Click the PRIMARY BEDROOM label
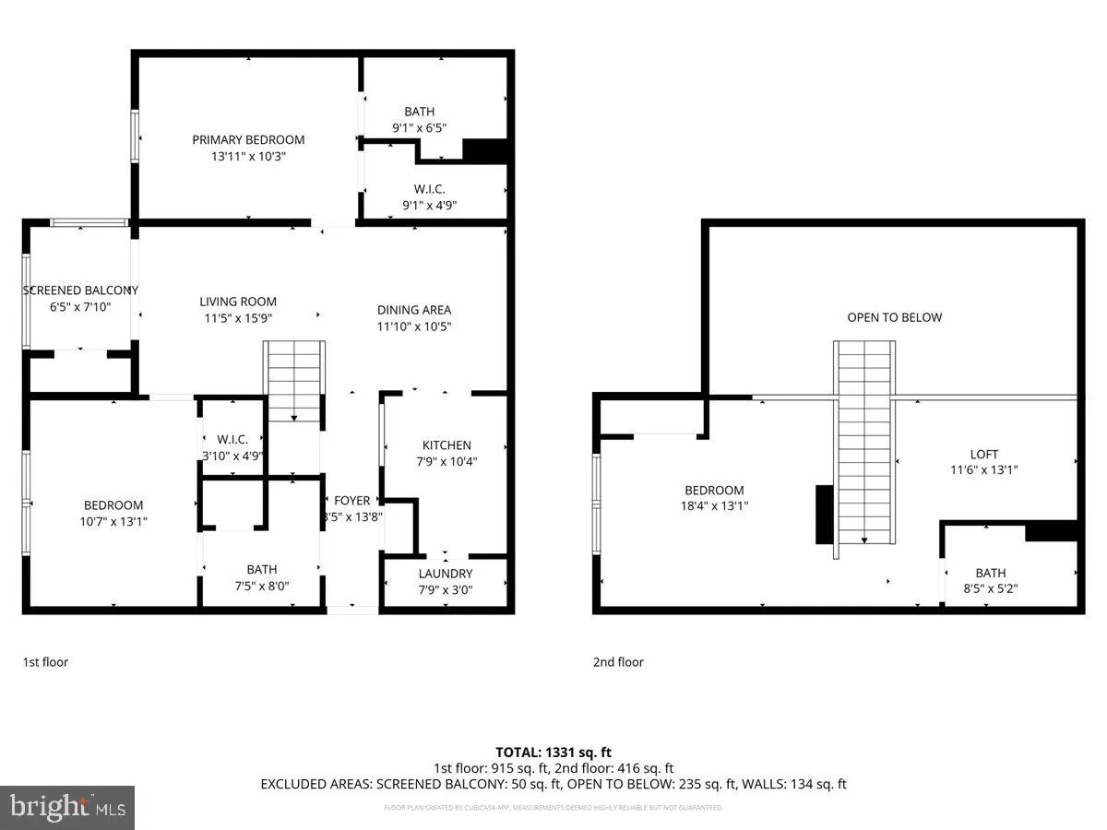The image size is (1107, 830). pyautogui.click(x=248, y=140)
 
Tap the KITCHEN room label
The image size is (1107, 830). pyautogui.click(x=446, y=445)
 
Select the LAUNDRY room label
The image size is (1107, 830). pyautogui.click(x=445, y=574)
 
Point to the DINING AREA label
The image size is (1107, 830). pyautogui.click(x=414, y=310)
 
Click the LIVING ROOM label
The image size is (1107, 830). pyautogui.click(x=238, y=302)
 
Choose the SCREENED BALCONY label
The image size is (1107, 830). pyautogui.click(x=80, y=290)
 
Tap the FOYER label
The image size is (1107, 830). pyautogui.click(x=351, y=501)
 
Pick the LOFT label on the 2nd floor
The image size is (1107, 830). pyautogui.click(x=983, y=454)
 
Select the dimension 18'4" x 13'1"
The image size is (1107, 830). pyautogui.click(x=714, y=505)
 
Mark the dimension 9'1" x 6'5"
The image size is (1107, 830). pyautogui.click(x=419, y=128)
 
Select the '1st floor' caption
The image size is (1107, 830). pyautogui.click(x=45, y=661)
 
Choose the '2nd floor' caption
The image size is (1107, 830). pyautogui.click(x=618, y=661)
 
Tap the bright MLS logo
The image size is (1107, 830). pyautogui.click(x=67, y=808)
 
